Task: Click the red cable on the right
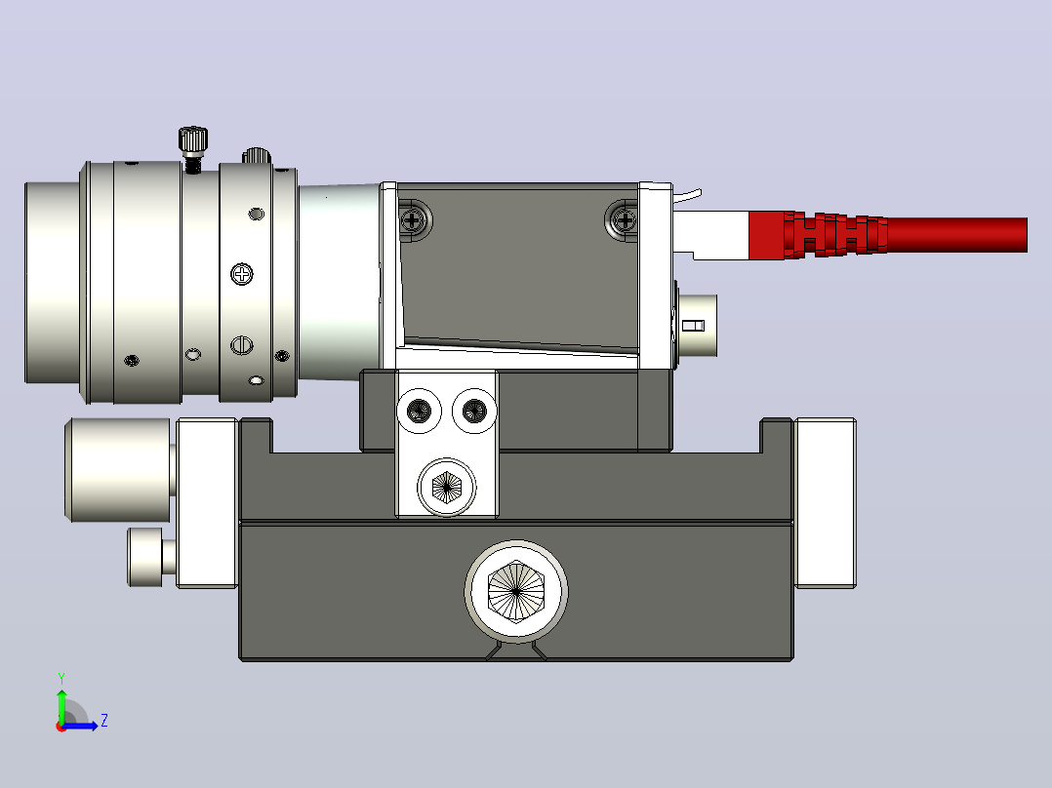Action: [x=956, y=235]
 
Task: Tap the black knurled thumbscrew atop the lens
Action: [x=193, y=139]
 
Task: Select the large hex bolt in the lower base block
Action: [x=516, y=592]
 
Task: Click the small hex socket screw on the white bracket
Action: [x=446, y=487]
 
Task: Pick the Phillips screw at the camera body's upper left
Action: [x=414, y=219]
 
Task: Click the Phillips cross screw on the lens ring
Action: [x=242, y=274]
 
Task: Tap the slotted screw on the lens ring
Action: [x=242, y=345]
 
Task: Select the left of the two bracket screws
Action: [x=420, y=411]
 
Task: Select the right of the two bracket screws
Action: [x=474, y=410]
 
